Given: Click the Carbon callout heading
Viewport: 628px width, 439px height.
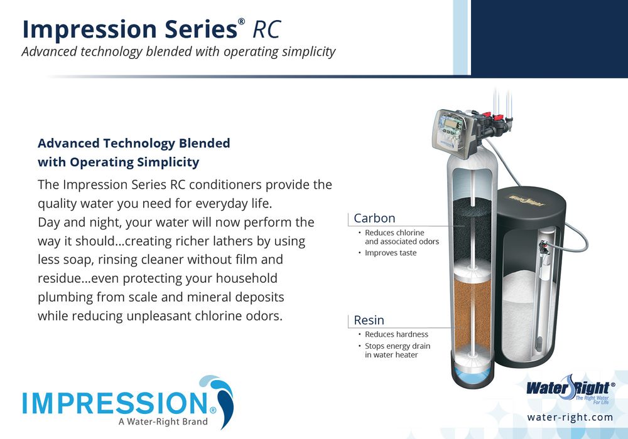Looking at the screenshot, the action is [374, 218].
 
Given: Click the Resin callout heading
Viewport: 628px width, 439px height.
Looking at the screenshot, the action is [369, 320].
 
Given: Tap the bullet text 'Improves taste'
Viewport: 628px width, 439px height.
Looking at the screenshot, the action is [391, 253].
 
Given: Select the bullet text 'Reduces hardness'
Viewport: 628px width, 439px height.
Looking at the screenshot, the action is [396, 334].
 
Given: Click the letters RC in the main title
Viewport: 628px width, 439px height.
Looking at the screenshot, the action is [266, 29].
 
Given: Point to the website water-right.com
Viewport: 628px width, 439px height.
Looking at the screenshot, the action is [570, 418].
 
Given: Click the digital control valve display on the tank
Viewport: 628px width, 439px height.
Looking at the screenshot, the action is [452, 124].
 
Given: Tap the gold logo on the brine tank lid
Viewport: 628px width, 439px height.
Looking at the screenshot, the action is [527, 199].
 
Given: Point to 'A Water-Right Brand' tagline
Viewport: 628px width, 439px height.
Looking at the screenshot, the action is [163, 421].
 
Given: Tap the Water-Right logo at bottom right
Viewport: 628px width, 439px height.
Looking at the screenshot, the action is [570, 389].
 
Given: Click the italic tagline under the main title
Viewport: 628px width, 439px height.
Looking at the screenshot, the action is [178, 52].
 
